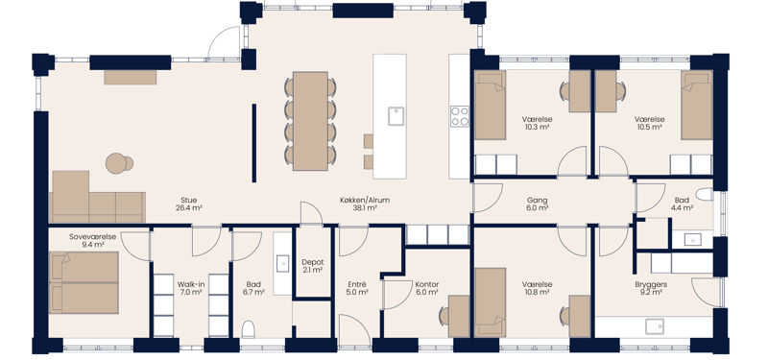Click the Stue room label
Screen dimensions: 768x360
coord(188,201)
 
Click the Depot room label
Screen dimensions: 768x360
coord(312,262)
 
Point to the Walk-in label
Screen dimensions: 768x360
coord(189,284)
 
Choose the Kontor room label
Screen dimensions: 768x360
coord(426,284)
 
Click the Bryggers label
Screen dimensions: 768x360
coord(651,284)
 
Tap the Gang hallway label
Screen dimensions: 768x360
coord(538,201)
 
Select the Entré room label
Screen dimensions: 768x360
coord(356,284)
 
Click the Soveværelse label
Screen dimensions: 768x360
coord(92,236)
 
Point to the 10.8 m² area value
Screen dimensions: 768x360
coord(538,292)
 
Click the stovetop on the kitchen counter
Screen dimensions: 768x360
coord(460,116)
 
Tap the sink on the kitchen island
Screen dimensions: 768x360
coord(396,116)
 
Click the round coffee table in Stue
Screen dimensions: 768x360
coord(116,163)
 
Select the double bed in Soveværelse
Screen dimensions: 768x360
coord(84,282)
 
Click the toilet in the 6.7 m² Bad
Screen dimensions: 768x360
coord(249,329)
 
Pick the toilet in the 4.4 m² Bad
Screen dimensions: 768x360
coord(706,195)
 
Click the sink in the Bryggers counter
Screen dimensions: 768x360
coord(655,326)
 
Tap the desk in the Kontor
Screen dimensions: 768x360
coord(459,316)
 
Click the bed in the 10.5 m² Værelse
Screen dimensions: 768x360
coord(697,105)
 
